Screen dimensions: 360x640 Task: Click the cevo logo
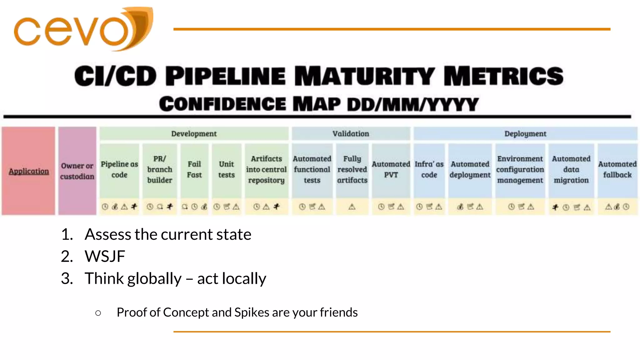click(x=83, y=29)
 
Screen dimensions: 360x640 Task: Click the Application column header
click(x=29, y=171)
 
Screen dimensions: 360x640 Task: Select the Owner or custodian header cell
click(x=77, y=171)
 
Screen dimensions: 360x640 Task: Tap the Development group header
click(x=194, y=134)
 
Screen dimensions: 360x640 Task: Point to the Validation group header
click(x=351, y=134)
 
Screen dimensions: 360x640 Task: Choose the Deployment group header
click(x=525, y=134)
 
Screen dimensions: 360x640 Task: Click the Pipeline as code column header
click(x=119, y=169)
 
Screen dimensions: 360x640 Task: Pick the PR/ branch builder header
click(x=160, y=169)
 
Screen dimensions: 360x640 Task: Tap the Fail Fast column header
click(x=194, y=169)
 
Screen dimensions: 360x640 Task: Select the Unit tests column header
click(x=227, y=169)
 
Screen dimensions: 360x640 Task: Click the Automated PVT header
click(x=391, y=169)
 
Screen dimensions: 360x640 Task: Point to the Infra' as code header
click(x=429, y=169)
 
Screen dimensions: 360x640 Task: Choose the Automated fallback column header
click(x=617, y=169)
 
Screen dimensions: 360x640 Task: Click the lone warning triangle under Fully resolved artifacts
click(x=352, y=207)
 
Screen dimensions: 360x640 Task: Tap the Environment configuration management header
click(x=520, y=169)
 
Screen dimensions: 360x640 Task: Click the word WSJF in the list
click(x=105, y=257)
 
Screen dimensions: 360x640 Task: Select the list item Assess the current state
click(x=168, y=234)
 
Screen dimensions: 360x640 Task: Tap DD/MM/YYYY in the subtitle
click(x=413, y=104)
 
